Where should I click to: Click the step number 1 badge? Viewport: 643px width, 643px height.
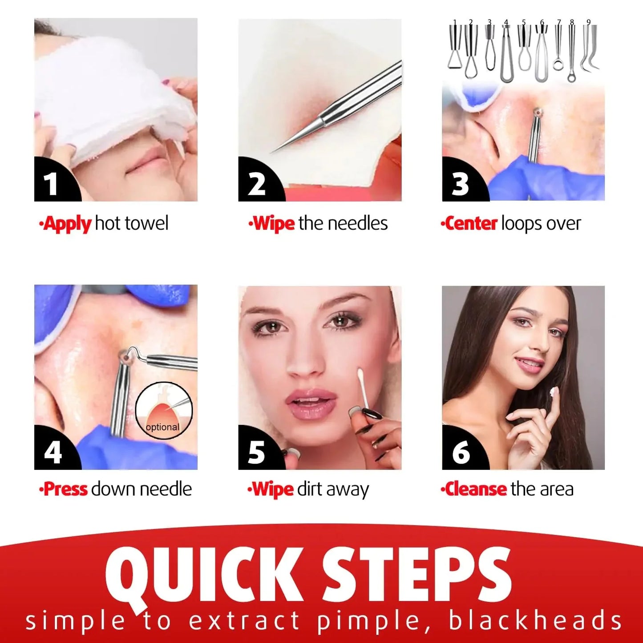point(52,183)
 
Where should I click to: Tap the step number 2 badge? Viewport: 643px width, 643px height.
point(257,183)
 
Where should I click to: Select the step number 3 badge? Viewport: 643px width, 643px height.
point(460,183)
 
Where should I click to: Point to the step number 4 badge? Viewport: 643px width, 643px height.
point(53,452)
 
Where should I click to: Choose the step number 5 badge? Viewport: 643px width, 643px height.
point(257,452)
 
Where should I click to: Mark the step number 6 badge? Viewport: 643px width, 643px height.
point(461,452)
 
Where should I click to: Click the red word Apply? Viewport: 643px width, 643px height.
point(67,223)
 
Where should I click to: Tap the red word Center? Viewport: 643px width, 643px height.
point(471,223)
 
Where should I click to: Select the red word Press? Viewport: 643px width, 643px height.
point(65,489)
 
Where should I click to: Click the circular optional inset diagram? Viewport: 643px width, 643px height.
point(164,410)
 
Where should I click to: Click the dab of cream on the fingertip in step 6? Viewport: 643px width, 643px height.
point(554,392)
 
